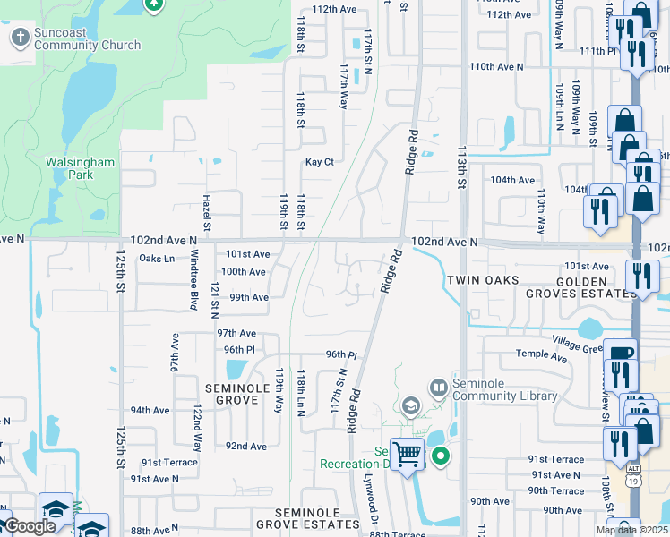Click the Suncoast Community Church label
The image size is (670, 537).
[87, 39]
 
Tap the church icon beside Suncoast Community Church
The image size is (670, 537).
[20, 38]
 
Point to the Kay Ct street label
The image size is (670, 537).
[319, 162]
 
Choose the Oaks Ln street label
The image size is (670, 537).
[157, 259]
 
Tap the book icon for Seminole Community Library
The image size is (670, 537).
[438, 388]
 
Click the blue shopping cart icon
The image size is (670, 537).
[408, 455]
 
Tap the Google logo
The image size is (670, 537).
[30, 526]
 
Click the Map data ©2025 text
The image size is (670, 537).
[631, 530]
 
